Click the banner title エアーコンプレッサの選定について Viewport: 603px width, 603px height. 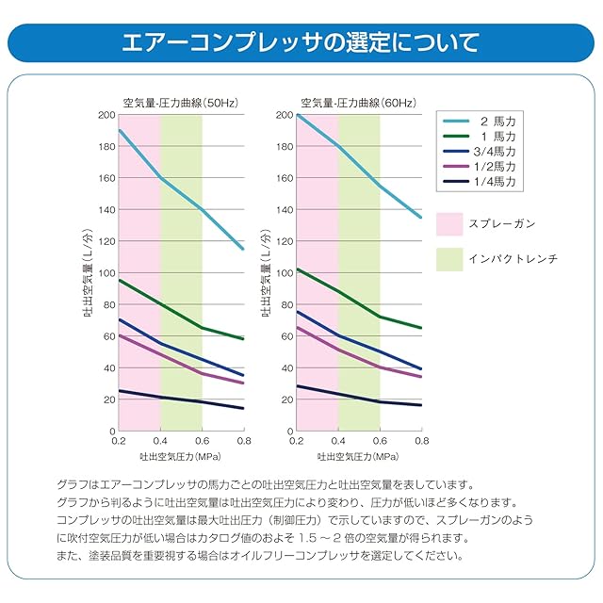point(301,42)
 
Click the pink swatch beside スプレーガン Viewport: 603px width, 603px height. point(450,223)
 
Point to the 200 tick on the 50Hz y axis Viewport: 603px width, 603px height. point(105,115)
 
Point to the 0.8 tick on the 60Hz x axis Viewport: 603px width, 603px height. point(421,441)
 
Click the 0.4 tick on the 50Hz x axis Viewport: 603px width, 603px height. point(160,441)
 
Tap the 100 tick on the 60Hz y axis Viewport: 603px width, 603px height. point(284,273)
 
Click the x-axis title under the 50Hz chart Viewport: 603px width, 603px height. point(181,456)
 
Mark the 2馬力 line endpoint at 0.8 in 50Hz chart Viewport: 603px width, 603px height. point(243,249)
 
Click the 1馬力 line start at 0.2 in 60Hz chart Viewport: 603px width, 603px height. point(298,269)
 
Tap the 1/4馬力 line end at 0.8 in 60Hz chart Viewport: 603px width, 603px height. point(421,405)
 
